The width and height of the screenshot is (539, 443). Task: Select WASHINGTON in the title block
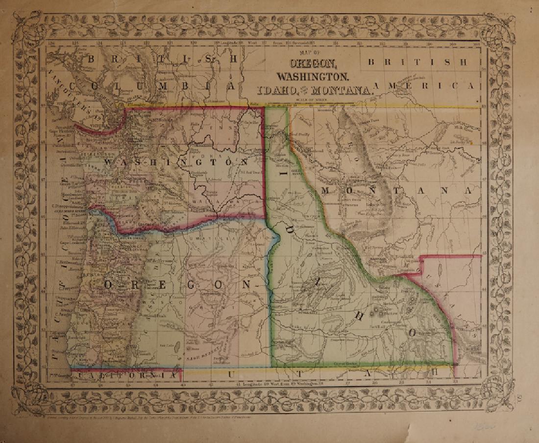point(313,76)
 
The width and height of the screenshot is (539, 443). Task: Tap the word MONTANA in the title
point(342,90)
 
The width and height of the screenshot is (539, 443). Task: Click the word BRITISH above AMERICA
point(416,62)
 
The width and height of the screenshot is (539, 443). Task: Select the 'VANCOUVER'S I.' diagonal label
point(78,93)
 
